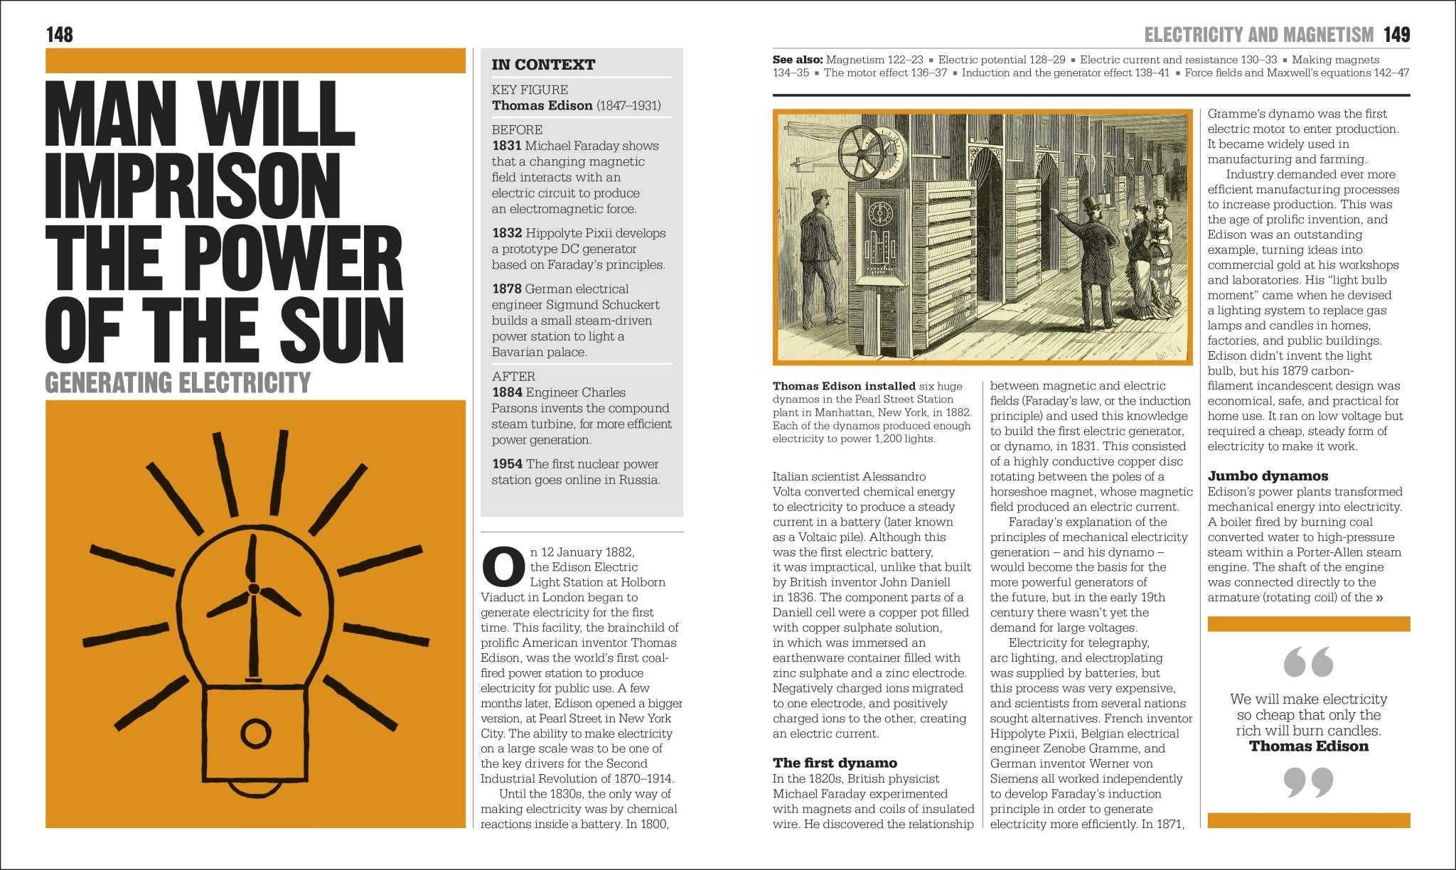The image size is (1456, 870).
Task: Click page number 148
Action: point(59,35)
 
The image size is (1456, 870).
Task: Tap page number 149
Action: point(1396,35)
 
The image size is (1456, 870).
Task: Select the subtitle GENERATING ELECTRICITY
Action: point(178,383)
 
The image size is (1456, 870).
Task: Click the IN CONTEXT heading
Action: point(543,65)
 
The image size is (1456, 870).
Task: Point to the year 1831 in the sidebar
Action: point(506,146)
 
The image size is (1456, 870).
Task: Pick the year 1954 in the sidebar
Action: point(507,464)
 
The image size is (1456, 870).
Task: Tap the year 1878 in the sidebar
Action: point(507,289)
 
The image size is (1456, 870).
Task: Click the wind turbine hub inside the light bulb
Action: point(253,589)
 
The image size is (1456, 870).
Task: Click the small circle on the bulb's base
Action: point(252,731)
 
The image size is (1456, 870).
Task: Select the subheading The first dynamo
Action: point(835,763)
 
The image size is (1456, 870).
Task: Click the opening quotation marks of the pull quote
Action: point(1308,662)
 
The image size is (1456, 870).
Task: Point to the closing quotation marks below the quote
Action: point(1308,783)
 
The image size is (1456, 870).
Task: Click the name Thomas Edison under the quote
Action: point(1308,746)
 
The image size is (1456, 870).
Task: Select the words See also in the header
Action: point(798,60)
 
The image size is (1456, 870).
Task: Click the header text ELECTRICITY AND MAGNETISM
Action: point(1258,35)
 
